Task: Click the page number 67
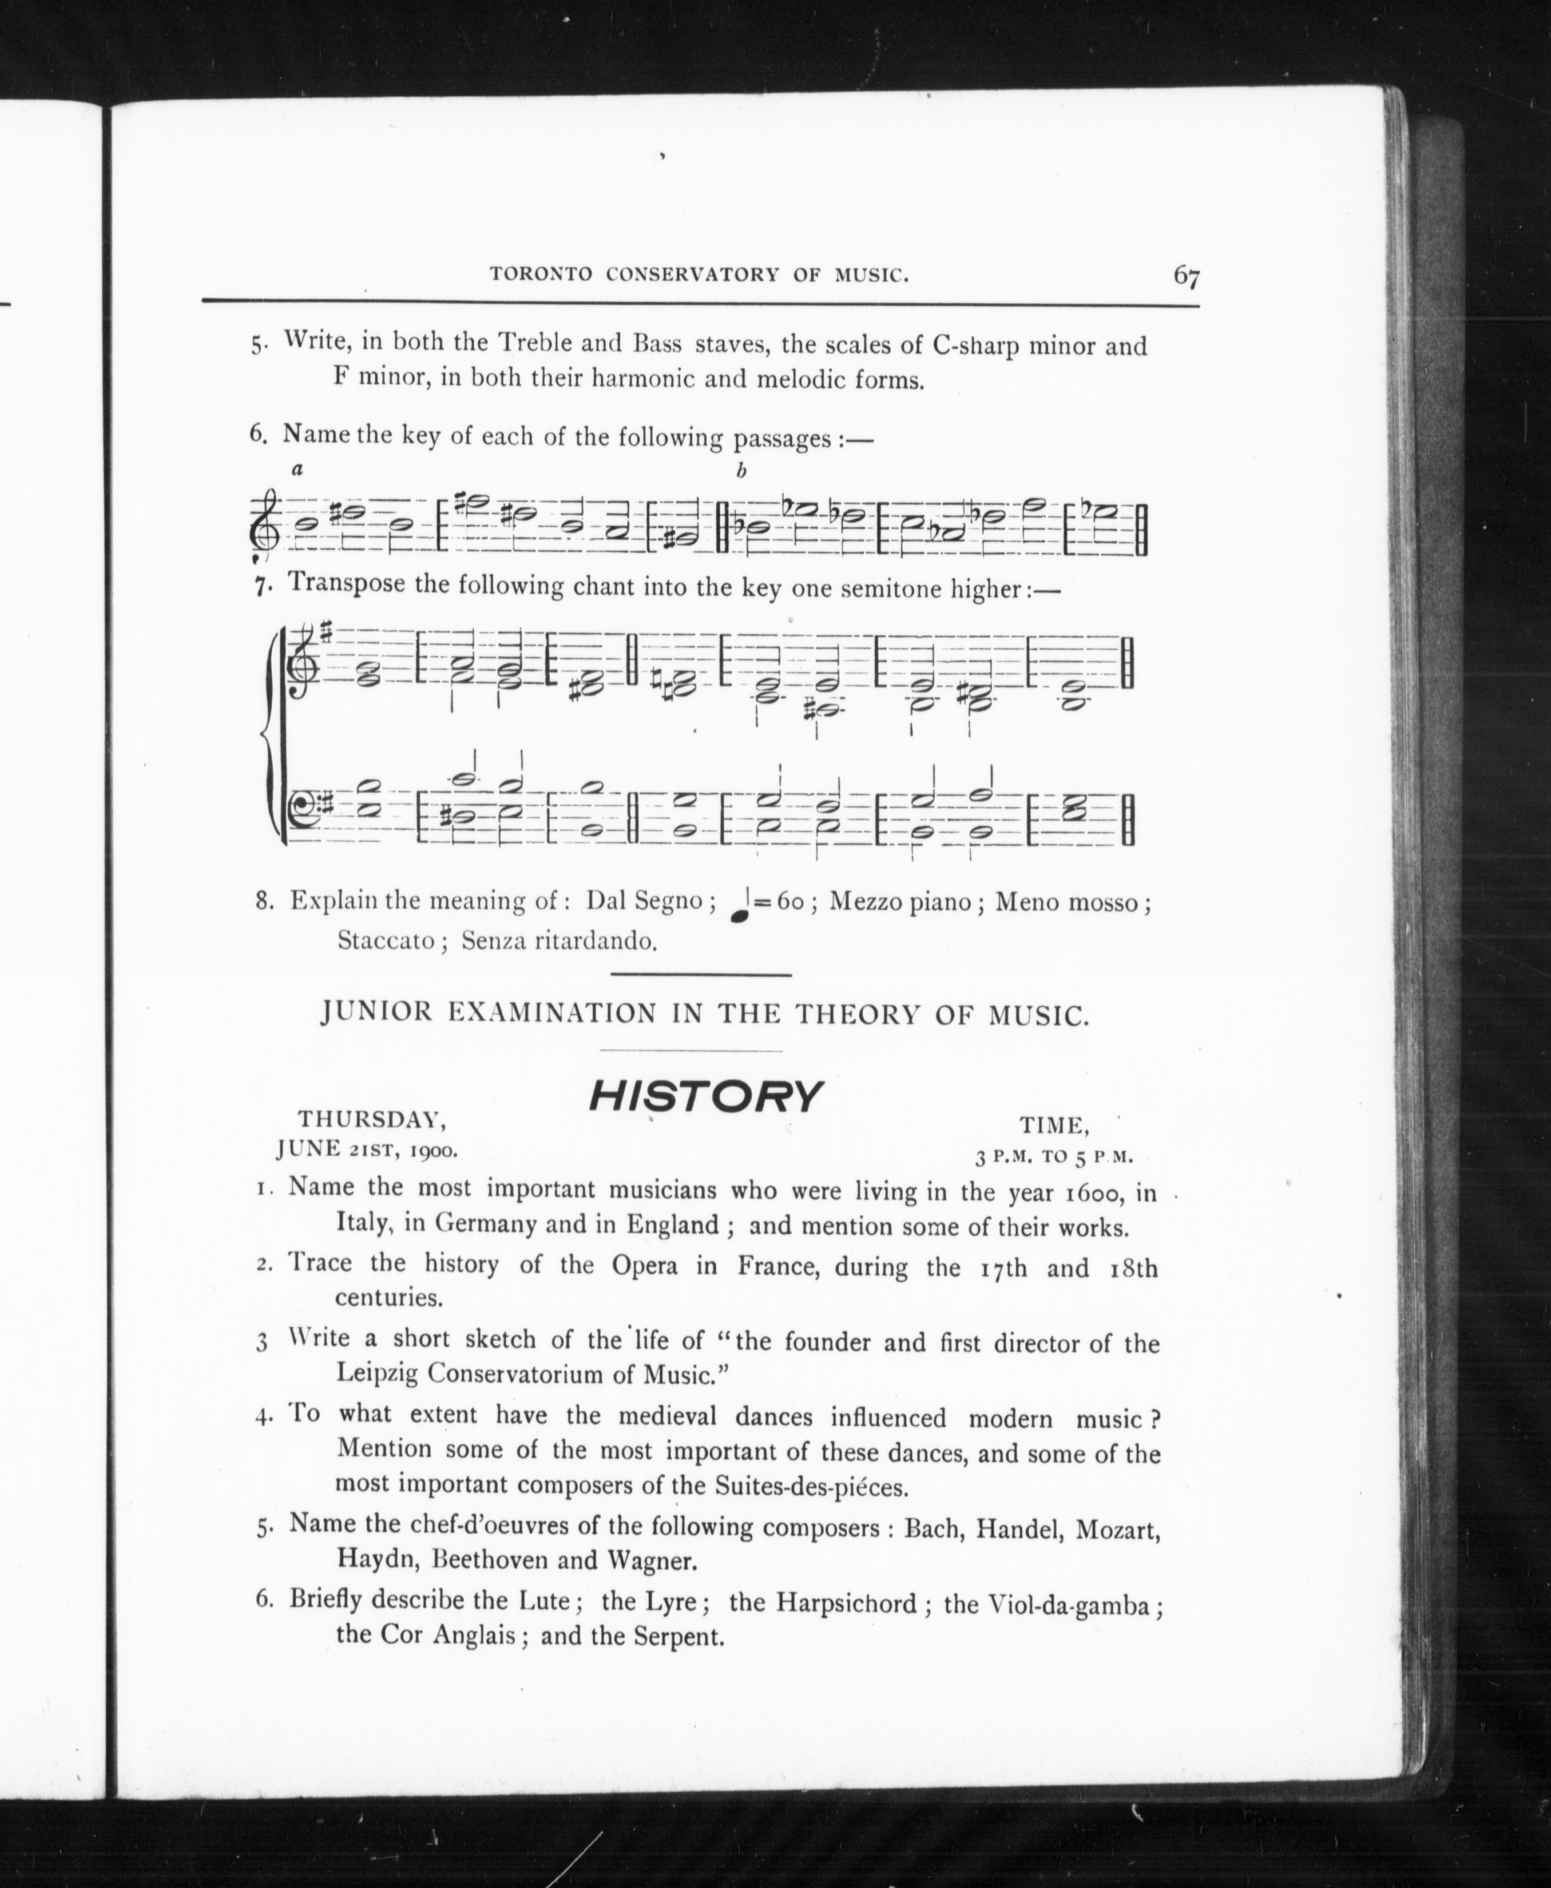click(x=1186, y=276)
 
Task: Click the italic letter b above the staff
click(x=741, y=471)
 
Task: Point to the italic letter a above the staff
click(x=298, y=468)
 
